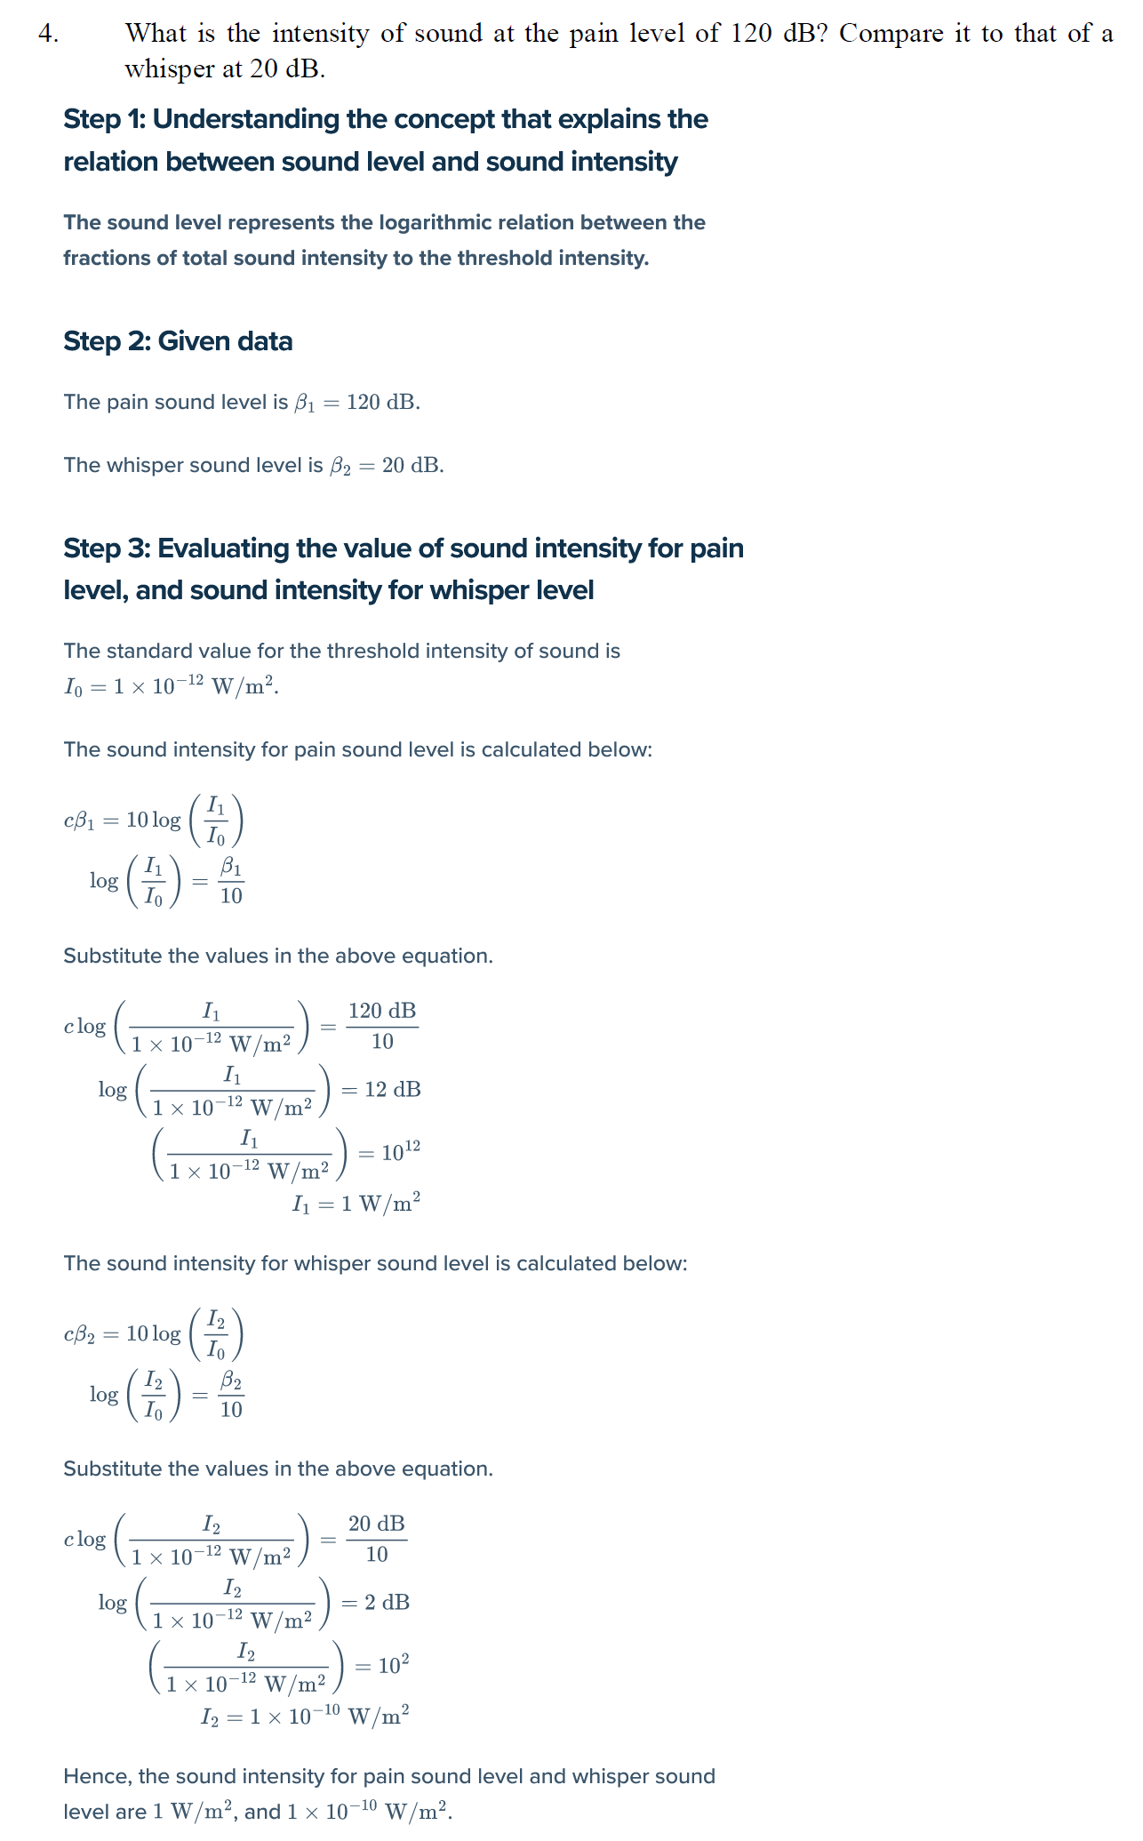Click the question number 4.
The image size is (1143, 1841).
pyautogui.click(x=48, y=34)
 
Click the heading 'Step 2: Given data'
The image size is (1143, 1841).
pyautogui.click(x=178, y=341)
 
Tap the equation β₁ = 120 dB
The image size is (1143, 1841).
pyautogui.click(x=356, y=403)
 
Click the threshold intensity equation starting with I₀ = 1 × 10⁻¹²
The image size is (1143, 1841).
pyautogui.click(x=171, y=687)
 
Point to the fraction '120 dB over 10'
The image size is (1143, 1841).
pyautogui.click(x=382, y=1026)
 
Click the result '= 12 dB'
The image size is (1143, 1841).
pyautogui.click(x=381, y=1090)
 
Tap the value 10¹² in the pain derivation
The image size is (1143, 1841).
pyautogui.click(x=400, y=1153)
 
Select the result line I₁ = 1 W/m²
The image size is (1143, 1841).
pyautogui.click(x=356, y=1204)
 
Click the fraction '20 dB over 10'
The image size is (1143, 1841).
pyautogui.click(x=377, y=1539)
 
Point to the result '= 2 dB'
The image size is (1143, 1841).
pyautogui.click(x=376, y=1603)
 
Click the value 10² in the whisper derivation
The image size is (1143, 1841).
pyautogui.click(x=394, y=1666)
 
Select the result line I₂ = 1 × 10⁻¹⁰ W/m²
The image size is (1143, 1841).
pyautogui.click(x=305, y=1717)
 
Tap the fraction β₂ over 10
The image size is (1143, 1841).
pyautogui.click(x=231, y=1395)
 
